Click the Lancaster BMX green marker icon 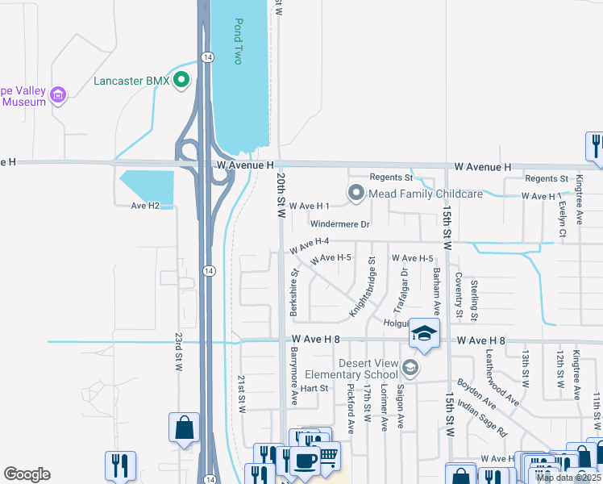[181, 80]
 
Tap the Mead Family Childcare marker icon [356, 193]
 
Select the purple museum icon [57, 95]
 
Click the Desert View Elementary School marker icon [410, 368]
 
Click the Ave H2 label [148, 206]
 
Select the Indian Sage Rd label [481, 417]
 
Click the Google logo [27, 474]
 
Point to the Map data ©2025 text [568, 478]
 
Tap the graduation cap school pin [423, 334]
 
